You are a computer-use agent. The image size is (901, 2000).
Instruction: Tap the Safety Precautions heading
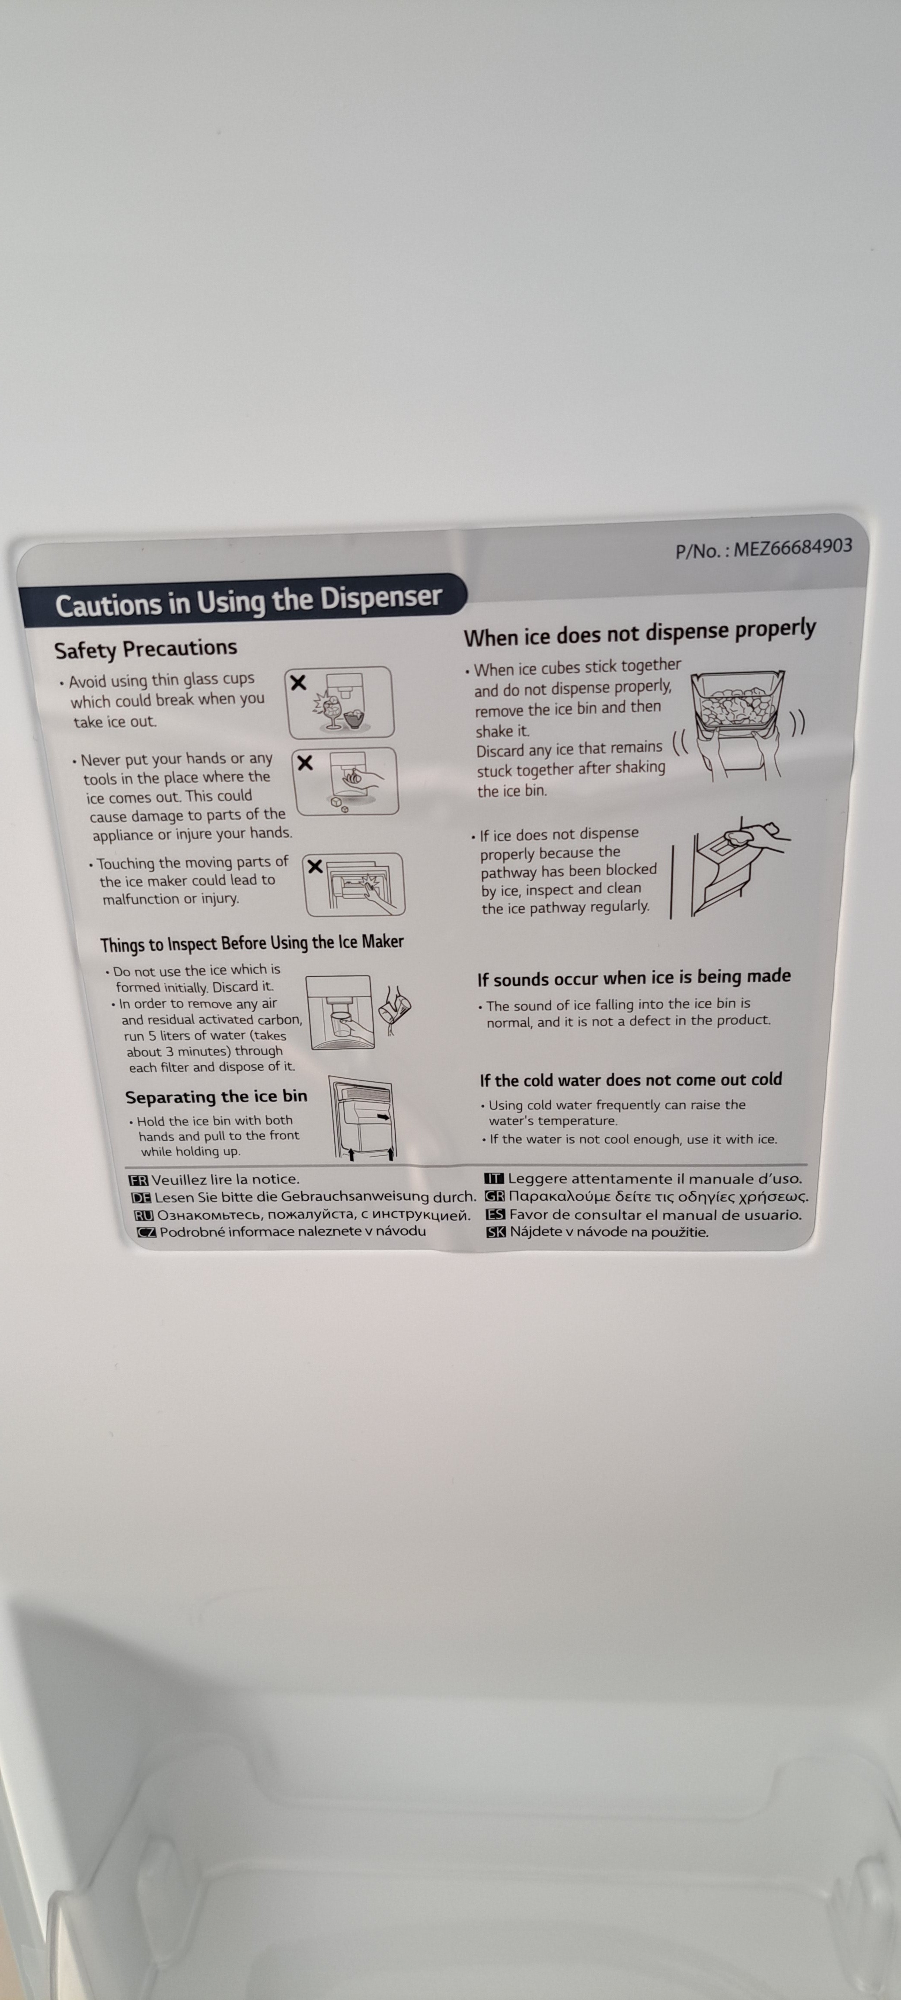point(145,648)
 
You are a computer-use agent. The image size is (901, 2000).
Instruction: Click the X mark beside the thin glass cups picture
point(298,683)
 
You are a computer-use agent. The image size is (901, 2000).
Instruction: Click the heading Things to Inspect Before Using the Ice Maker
point(252,943)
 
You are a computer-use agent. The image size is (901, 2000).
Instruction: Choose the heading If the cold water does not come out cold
point(630,1079)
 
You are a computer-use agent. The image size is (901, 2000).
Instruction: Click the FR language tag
point(138,1180)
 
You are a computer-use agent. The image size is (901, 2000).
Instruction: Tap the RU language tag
point(144,1215)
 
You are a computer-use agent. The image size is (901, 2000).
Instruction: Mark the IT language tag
point(494,1179)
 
